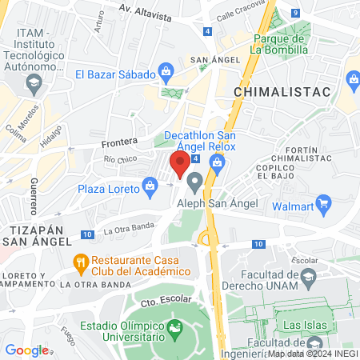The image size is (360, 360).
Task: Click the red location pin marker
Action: (180, 164)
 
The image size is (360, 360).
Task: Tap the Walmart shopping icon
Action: (324, 202)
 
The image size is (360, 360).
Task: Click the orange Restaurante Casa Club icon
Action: (80, 262)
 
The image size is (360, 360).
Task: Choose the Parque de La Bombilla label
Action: (280, 43)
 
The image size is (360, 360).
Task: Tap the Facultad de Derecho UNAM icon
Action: (308, 279)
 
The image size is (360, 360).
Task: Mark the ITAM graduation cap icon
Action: (34, 82)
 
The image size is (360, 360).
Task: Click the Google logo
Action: (26, 350)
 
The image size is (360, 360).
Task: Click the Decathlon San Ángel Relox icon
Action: (216, 162)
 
